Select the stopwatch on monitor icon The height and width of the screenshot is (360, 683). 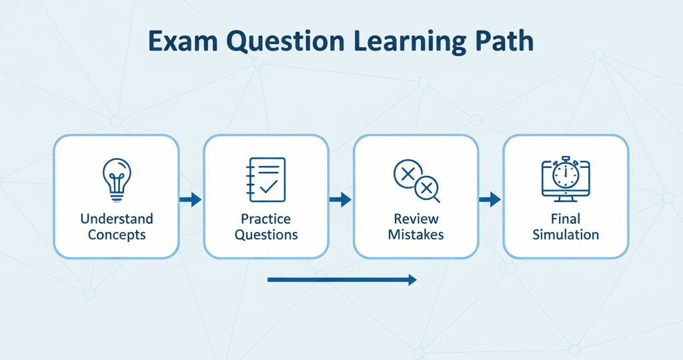(x=565, y=178)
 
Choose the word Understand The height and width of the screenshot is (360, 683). (x=116, y=219)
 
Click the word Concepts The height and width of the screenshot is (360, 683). (x=116, y=235)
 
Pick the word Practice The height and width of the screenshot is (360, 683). (x=265, y=219)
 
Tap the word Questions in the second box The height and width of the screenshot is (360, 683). (x=265, y=235)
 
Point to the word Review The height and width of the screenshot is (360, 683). (x=416, y=219)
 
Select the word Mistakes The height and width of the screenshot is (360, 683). (x=416, y=235)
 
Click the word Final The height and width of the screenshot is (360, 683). (x=565, y=219)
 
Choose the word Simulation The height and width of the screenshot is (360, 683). (x=565, y=235)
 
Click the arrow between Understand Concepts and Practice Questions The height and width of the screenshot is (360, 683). (x=191, y=199)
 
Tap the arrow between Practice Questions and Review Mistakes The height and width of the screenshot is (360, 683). (x=341, y=199)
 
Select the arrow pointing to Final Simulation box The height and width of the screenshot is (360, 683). (x=490, y=199)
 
